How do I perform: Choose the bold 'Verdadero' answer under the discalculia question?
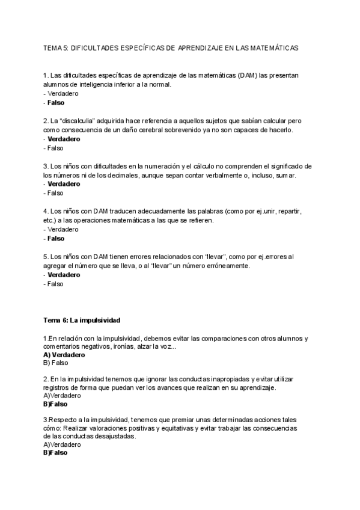[64, 139]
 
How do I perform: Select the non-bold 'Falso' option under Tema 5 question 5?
[55, 284]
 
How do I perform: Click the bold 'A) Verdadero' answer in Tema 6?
[64, 355]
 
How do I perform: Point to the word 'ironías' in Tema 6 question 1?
[144, 346]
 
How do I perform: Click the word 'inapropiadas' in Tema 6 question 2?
[220, 379]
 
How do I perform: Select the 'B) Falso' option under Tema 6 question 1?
[56, 363]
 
